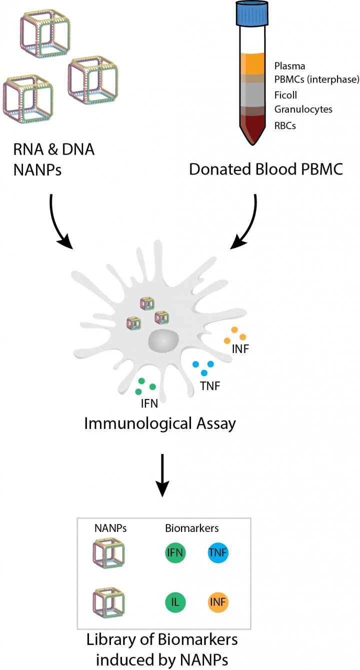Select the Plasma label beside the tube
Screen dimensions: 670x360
289,66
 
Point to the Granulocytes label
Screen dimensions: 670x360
303,108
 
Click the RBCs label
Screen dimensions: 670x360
285,125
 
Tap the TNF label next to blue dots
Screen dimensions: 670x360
209,385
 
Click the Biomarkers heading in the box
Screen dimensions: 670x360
192,528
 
